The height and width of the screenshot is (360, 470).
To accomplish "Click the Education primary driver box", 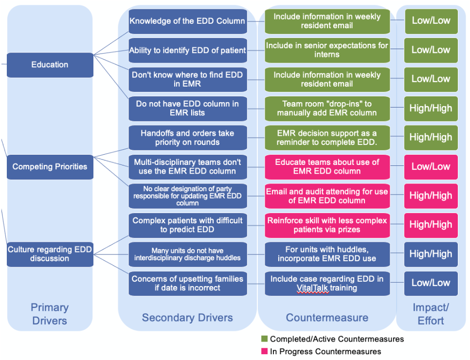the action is tap(50, 65).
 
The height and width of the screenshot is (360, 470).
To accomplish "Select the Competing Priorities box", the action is tap(50, 167).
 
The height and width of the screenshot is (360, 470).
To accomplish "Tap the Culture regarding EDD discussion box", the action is tap(50, 254).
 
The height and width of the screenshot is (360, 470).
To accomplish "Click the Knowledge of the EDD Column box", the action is tap(188, 21).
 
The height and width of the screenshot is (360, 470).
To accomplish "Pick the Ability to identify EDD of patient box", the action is tap(188, 51).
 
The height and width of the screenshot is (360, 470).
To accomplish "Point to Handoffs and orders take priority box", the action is tap(188, 138).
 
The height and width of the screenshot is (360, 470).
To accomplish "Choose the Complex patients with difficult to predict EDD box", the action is tap(188, 225).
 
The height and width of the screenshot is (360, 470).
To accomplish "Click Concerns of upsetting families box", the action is tap(188, 284).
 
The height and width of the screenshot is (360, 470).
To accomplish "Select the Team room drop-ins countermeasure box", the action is tap(327, 108).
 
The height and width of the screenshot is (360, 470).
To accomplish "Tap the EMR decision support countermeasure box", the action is tap(327, 138).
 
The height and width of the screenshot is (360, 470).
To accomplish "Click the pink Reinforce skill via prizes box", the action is tap(327, 225).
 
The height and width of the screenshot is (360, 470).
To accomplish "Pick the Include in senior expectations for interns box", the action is tap(327, 51).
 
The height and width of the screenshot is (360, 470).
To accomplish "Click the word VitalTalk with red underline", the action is tap(313, 288).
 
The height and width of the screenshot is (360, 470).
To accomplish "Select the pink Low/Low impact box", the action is tap(431, 167).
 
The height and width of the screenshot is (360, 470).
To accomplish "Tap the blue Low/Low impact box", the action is tap(431, 284).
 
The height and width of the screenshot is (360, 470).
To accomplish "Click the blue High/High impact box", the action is tap(431, 254).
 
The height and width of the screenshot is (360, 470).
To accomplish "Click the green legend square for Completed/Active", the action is tap(264, 339).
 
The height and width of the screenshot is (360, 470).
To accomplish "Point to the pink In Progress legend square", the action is tap(264, 351).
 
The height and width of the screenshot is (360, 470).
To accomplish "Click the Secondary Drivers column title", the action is tap(187, 318).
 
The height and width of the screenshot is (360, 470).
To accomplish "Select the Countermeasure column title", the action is tap(327, 318).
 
